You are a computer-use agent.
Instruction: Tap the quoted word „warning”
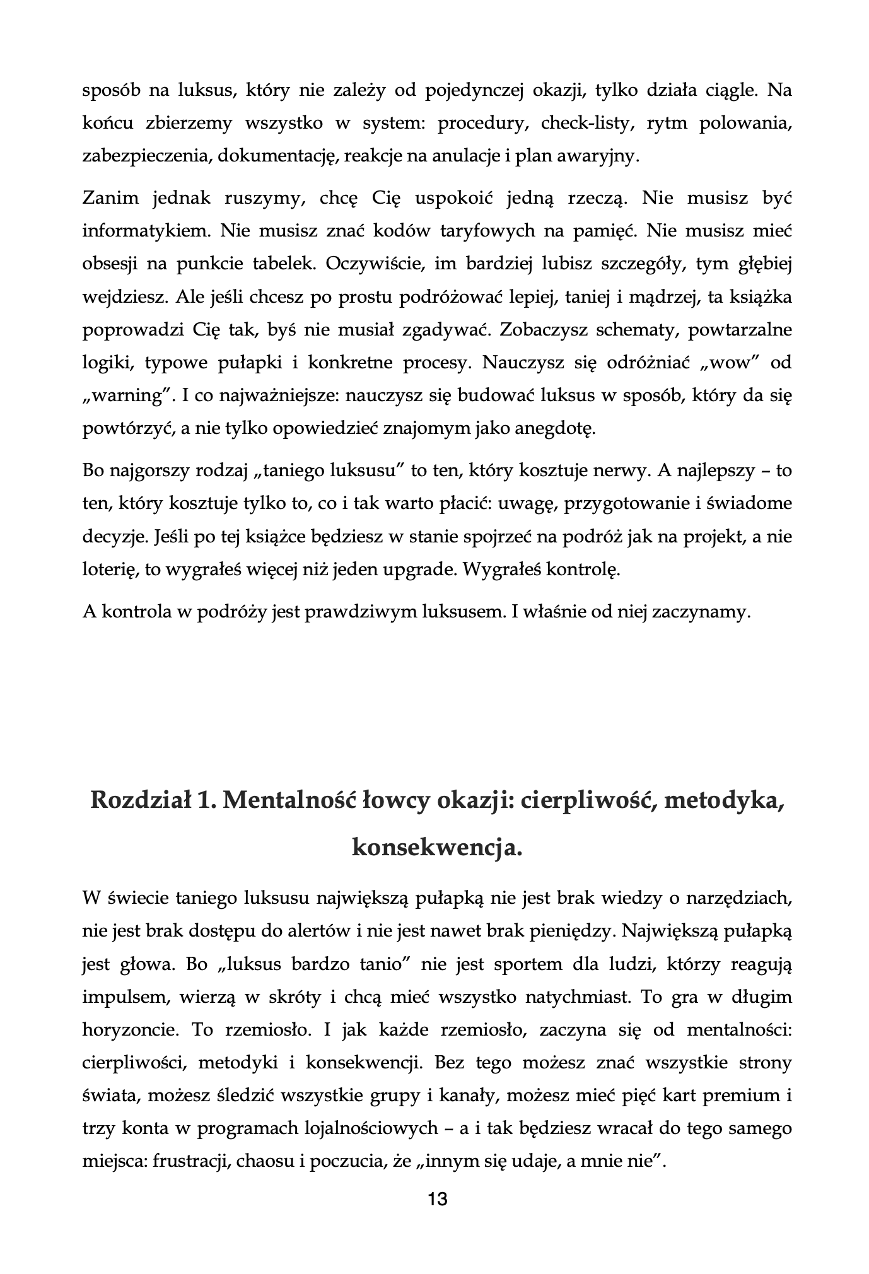point(128,396)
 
